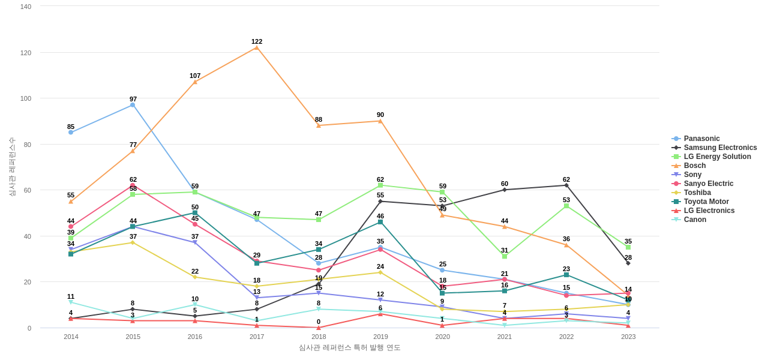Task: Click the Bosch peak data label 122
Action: pyautogui.click(x=257, y=41)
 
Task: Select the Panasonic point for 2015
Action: pyautogui.click(x=133, y=105)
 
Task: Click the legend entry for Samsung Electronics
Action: pyautogui.click(x=720, y=148)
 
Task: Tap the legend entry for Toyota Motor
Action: pyautogui.click(x=706, y=202)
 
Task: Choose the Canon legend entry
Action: pyautogui.click(x=695, y=220)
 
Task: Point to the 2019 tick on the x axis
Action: pyautogui.click(x=380, y=337)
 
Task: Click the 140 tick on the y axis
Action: pyautogui.click(x=26, y=7)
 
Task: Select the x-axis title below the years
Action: pyautogui.click(x=349, y=347)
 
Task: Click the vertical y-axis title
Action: pyautogui.click(x=12, y=167)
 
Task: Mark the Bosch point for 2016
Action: pyautogui.click(x=195, y=82)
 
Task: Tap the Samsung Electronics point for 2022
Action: pyautogui.click(x=566, y=185)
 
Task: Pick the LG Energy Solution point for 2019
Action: pyautogui.click(x=380, y=185)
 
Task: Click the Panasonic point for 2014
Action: pyautogui.click(x=71, y=133)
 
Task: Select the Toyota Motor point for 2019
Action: pyautogui.click(x=380, y=222)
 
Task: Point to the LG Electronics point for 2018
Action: pyautogui.click(x=319, y=328)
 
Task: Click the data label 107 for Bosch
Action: pyautogui.click(x=195, y=76)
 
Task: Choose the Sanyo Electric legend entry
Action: pyautogui.click(x=708, y=184)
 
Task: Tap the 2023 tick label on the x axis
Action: pyautogui.click(x=628, y=337)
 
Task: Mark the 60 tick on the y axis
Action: pyautogui.click(x=28, y=190)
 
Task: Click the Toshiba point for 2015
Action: pyautogui.click(x=133, y=242)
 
